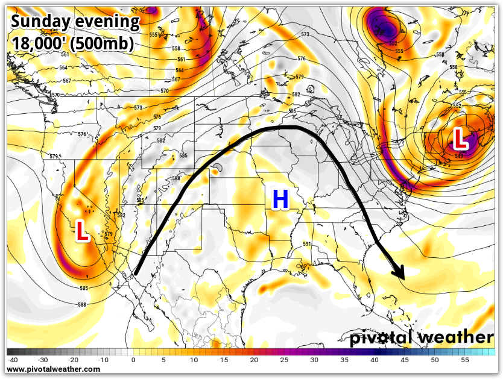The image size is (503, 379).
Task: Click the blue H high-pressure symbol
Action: coord(280,199)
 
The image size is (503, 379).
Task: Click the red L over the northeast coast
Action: coord(461,139)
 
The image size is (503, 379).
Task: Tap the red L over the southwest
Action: coord(83,231)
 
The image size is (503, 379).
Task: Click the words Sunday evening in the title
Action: coord(75,22)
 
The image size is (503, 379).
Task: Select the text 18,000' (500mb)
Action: coord(72,43)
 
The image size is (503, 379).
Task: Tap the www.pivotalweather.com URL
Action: coord(54,369)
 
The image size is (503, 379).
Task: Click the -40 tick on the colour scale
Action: coord(12,360)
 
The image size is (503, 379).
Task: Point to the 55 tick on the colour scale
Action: coord(465,360)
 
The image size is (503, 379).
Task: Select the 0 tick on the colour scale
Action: coord(133,360)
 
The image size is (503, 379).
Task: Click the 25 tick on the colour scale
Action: coord(284,360)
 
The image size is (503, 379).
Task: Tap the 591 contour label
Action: coord(307,244)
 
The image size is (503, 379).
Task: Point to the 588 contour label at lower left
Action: coord(81,305)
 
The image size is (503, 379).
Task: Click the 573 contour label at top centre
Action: coord(305,35)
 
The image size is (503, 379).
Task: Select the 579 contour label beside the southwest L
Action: coord(109,234)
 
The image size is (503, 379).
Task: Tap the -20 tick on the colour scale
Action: coord(72,360)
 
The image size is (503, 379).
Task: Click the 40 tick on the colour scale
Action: coord(375,360)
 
